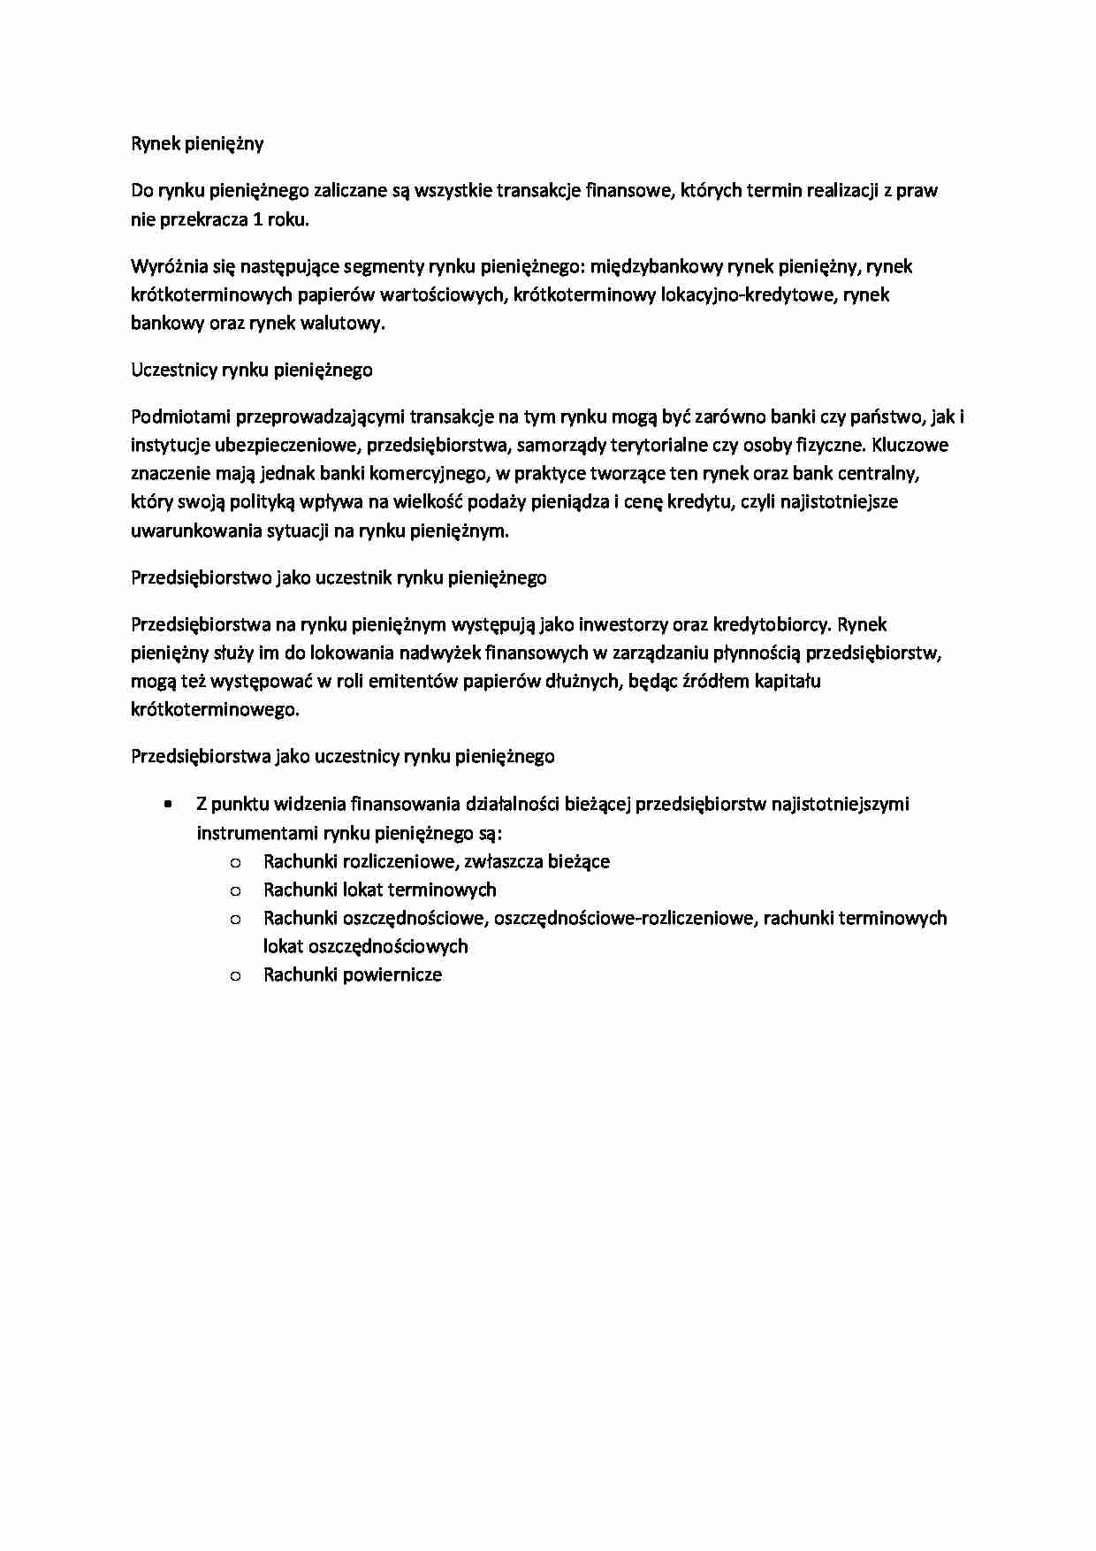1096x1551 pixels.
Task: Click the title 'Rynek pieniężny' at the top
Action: click(x=197, y=143)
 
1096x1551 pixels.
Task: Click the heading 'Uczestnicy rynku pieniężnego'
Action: click(x=251, y=370)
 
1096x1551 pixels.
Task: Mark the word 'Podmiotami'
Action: click(x=176, y=416)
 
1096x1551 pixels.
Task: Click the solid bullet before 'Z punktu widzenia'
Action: click(x=167, y=804)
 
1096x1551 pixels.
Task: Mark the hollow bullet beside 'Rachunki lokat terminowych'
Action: click(x=235, y=890)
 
